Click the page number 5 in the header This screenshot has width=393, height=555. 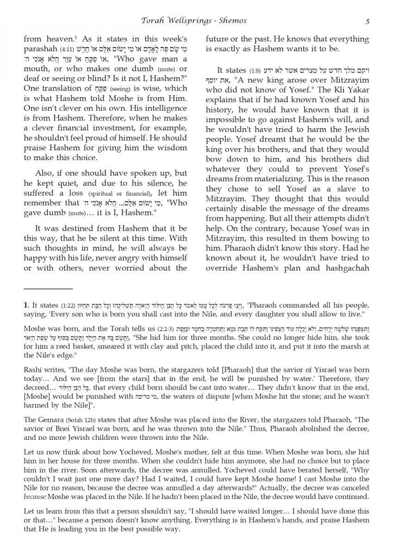click(x=367, y=21)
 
